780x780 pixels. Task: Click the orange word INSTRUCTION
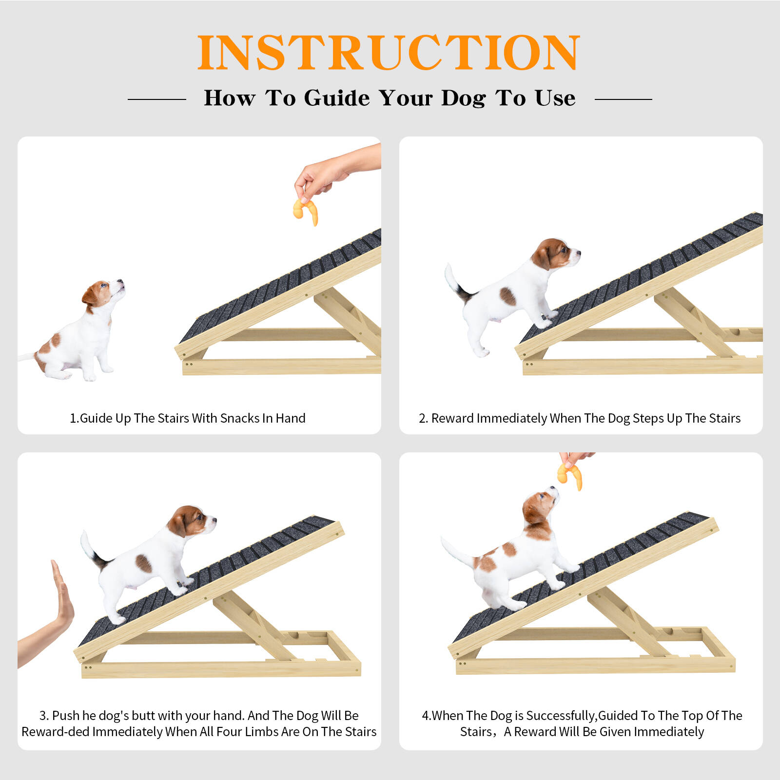click(389, 53)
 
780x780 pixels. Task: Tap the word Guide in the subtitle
click(337, 98)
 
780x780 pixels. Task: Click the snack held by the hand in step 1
click(306, 212)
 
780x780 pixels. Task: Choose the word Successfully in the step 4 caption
click(561, 716)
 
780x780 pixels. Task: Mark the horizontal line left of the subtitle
click(157, 99)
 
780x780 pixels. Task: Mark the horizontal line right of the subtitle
click(624, 99)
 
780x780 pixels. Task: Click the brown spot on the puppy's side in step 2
click(507, 296)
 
